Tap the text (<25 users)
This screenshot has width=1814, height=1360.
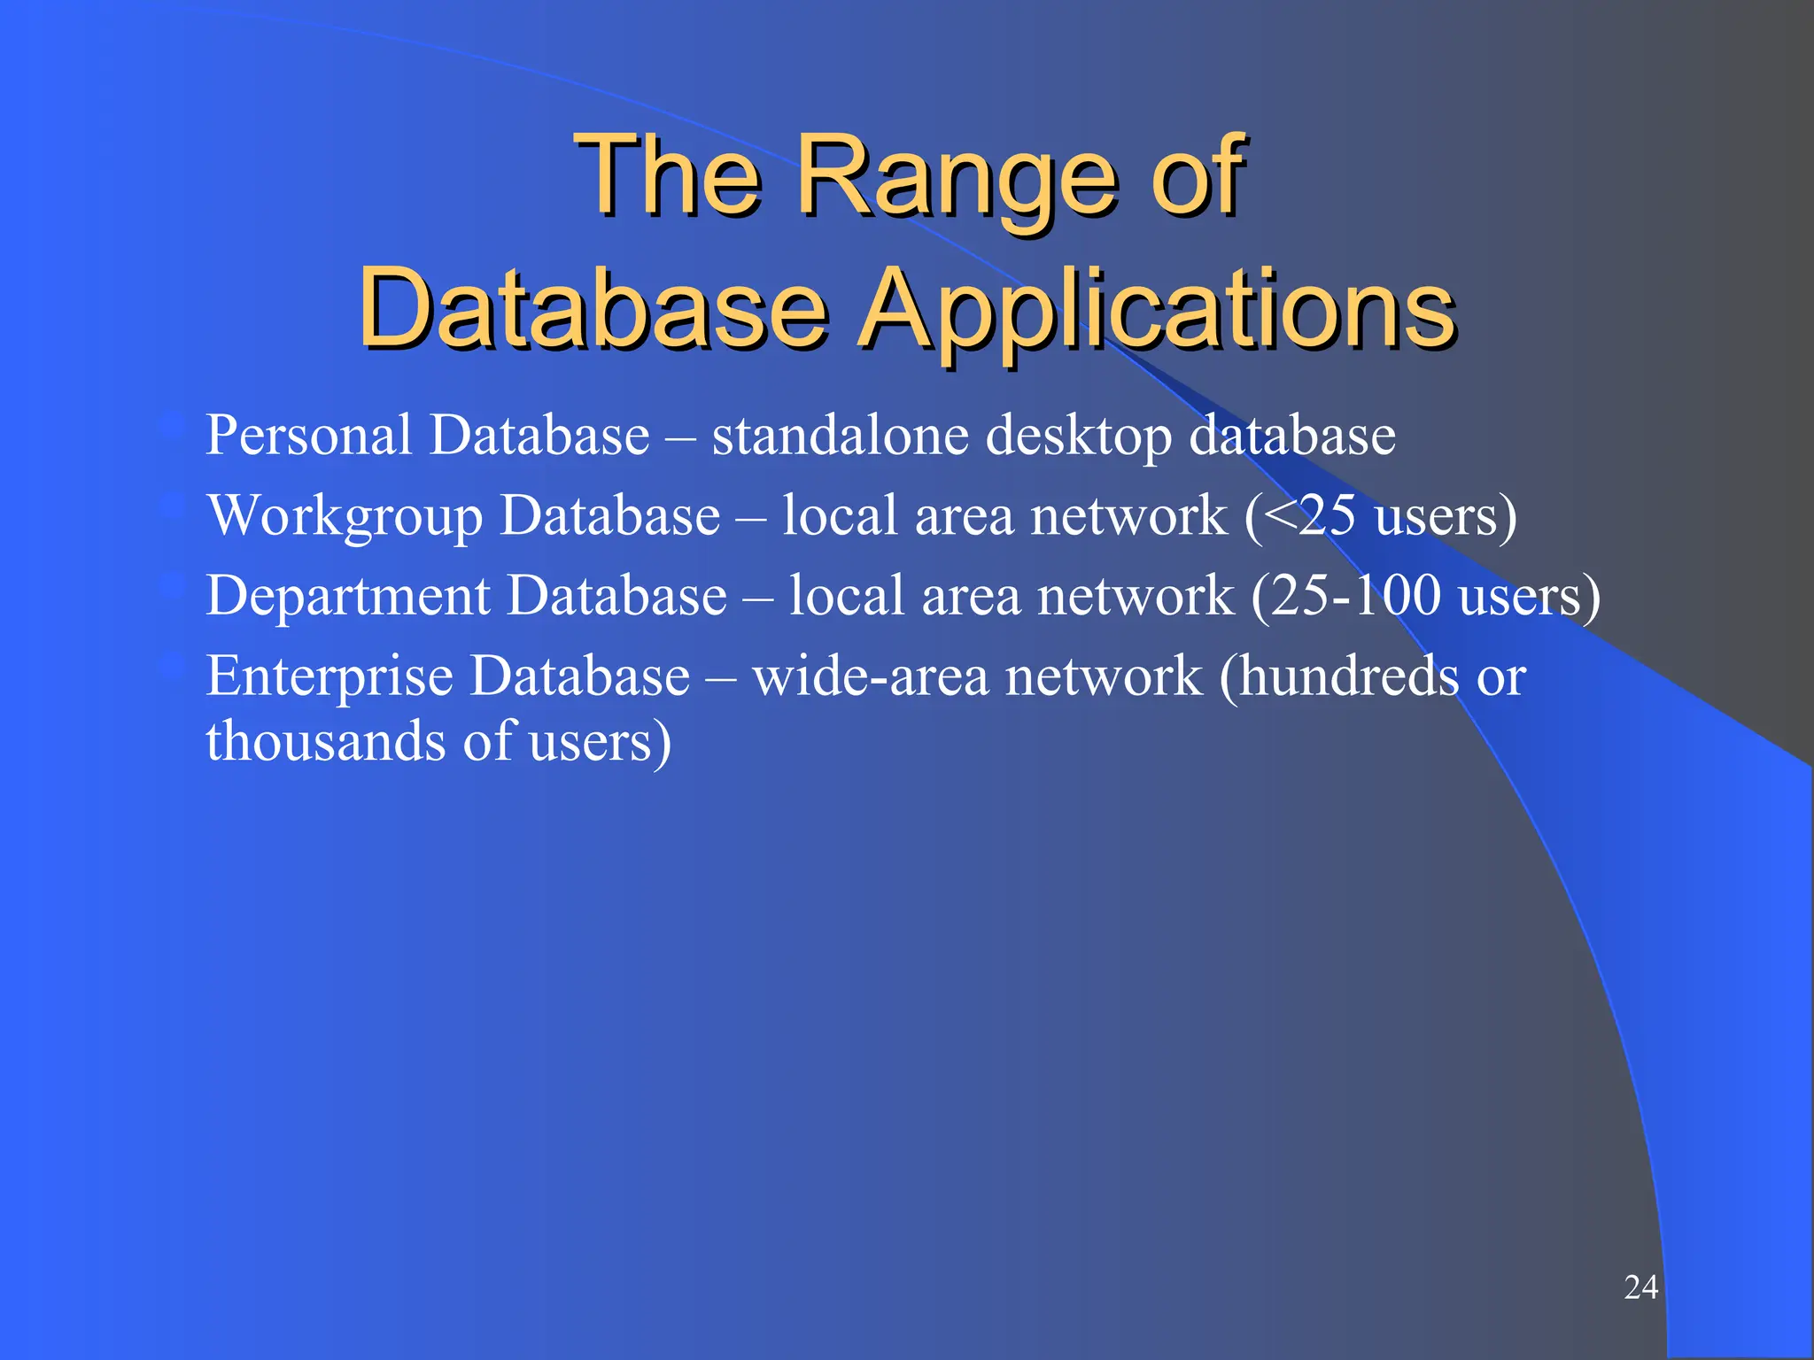tap(1381, 516)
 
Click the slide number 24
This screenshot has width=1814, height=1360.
tap(1640, 1287)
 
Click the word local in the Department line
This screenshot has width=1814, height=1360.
tap(846, 595)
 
